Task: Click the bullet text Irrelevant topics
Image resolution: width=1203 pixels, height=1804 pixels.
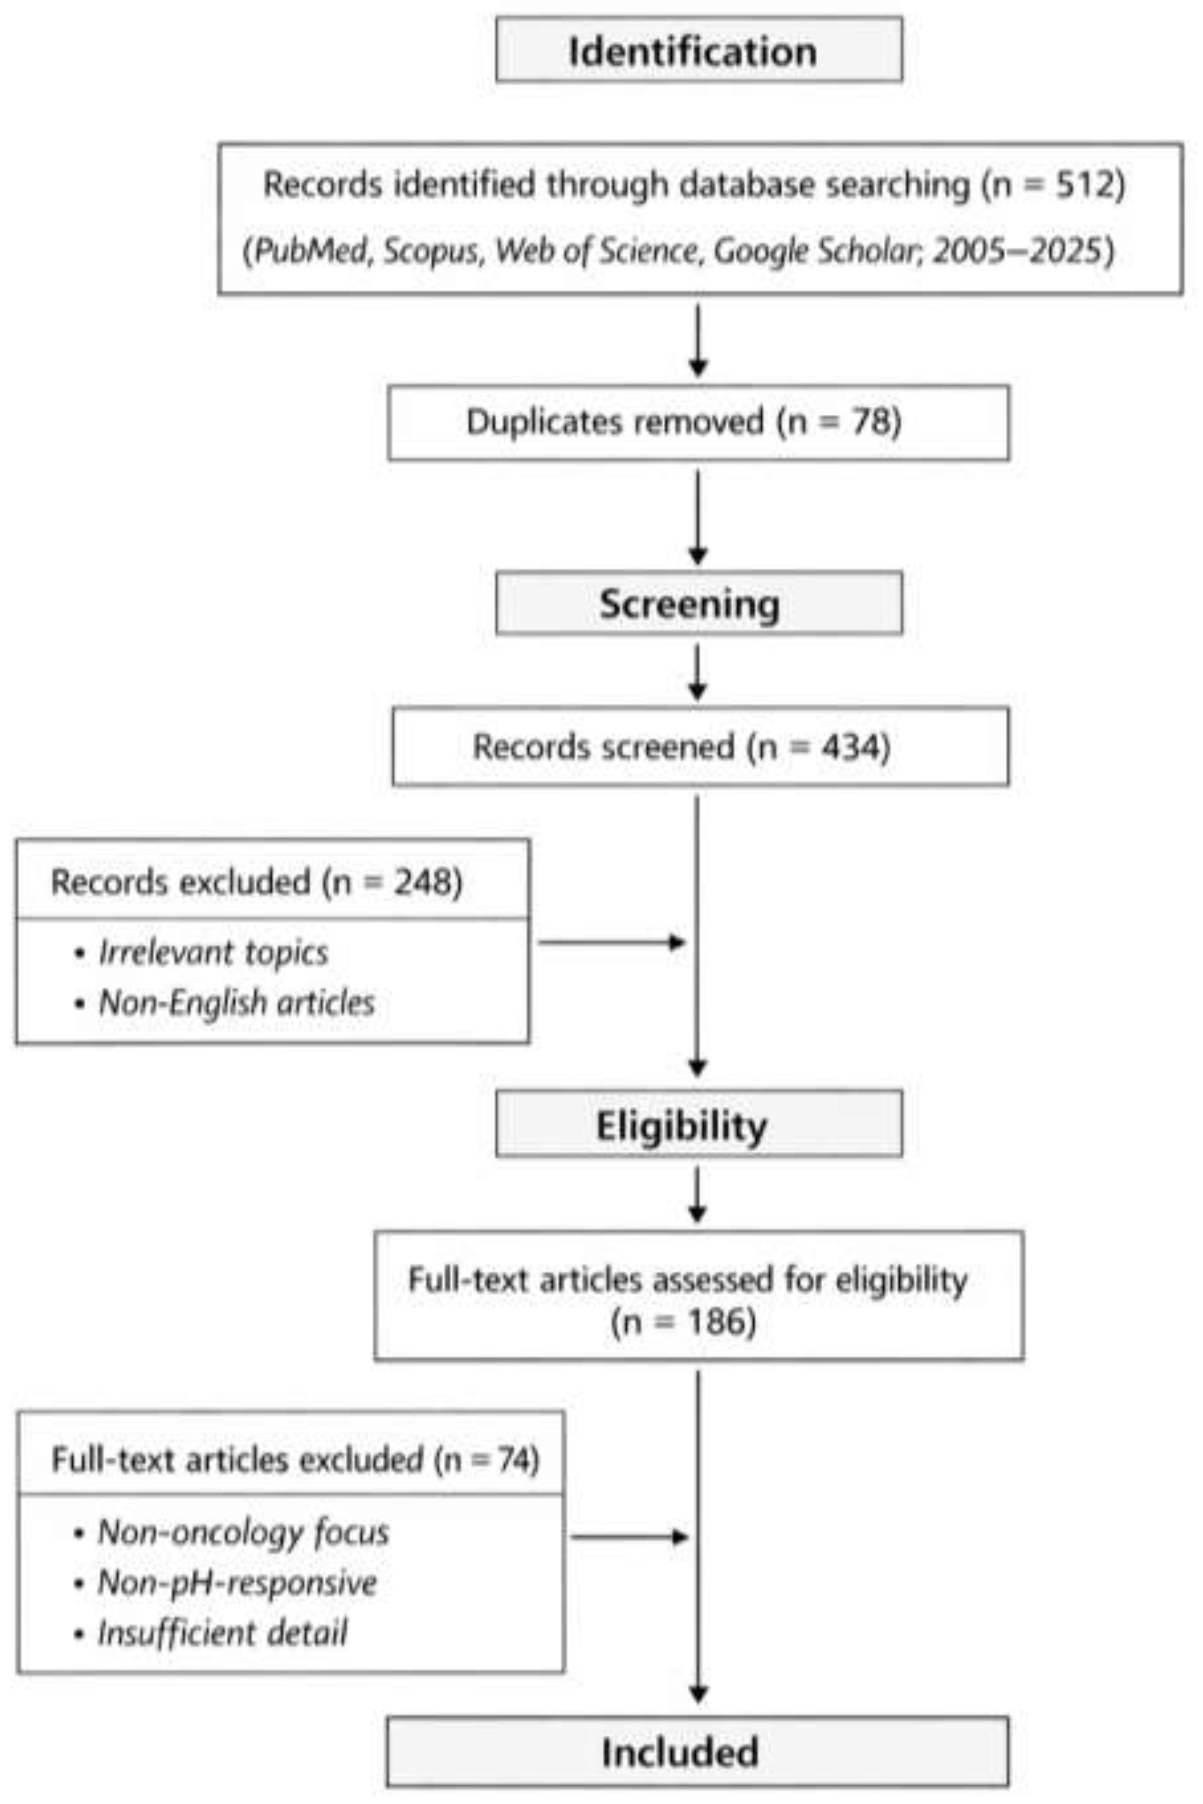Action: click(213, 952)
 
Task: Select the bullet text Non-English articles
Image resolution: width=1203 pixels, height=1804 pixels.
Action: click(236, 1002)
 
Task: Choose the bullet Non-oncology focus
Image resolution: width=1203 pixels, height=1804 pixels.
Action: click(243, 1532)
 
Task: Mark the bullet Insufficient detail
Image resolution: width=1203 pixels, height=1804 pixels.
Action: click(222, 1632)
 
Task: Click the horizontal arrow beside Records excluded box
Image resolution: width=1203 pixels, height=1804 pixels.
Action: click(611, 942)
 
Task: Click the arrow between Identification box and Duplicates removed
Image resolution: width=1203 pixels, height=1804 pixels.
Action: click(697, 340)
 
